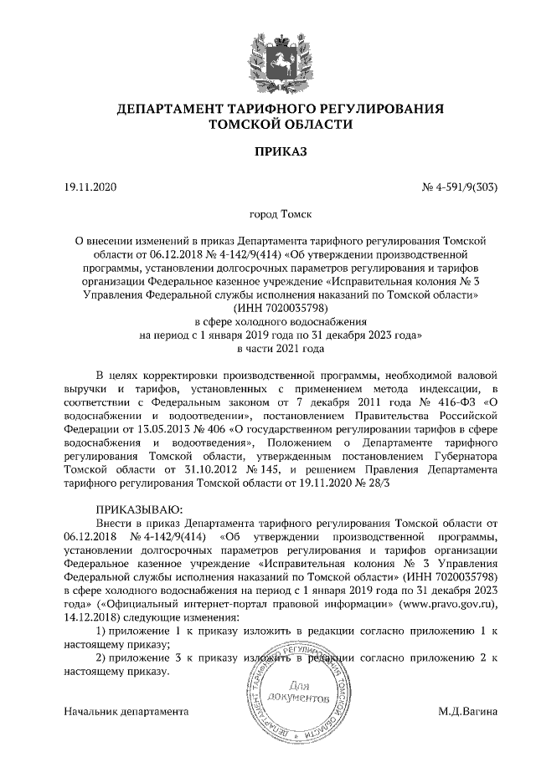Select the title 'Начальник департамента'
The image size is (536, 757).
(125, 711)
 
